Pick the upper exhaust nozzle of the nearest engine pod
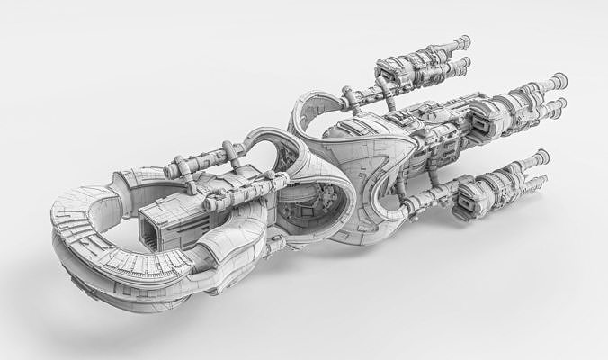(541, 156)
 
